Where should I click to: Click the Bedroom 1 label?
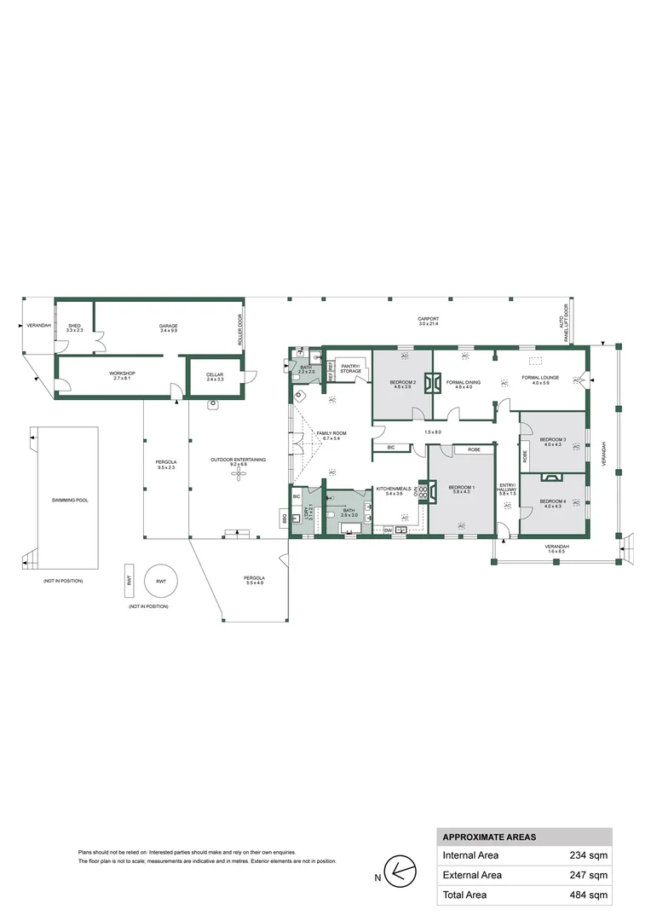click(x=461, y=489)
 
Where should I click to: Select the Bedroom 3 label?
click(x=552, y=442)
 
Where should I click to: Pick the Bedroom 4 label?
click(x=552, y=503)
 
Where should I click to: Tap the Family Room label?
click(x=331, y=436)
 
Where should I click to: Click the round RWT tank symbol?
click(x=160, y=581)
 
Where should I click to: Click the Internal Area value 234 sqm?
click(x=589, y=855)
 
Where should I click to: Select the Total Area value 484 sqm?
click(x=589, y=895)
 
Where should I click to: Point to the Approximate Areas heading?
click(x=488, y=837)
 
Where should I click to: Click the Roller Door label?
click(x=239, y=329)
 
